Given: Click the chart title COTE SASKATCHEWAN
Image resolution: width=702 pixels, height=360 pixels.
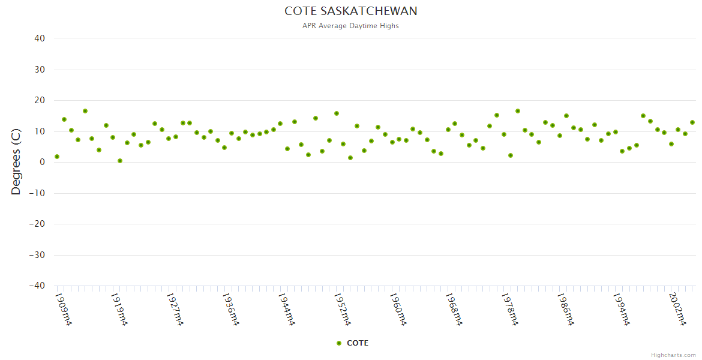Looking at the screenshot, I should (x=351, y=11).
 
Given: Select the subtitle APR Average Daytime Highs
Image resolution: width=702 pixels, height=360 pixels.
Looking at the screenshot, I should (x=351, y=26).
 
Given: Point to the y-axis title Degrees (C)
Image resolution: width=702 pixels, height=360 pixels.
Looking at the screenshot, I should (x=16, y=162).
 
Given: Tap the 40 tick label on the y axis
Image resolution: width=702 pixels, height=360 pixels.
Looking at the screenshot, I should (x=40, y=38).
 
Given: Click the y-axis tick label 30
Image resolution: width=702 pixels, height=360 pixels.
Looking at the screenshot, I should (x=40, y=70).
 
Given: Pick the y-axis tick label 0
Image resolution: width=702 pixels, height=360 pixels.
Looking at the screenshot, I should (x=43, y=162).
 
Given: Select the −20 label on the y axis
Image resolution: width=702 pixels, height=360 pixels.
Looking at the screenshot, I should (x=37, y=224).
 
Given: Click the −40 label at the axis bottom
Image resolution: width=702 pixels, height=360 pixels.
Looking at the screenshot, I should (x=37, y=286).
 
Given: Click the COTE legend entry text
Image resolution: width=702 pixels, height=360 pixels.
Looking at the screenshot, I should (x=358, y=343).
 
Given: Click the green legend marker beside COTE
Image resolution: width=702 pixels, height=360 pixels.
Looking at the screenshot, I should (x=339, y=343).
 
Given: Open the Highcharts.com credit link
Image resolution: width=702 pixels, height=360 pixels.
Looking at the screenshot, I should (x=673, y=355).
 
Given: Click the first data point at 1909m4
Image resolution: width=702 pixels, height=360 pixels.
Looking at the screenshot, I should (x=57, y=157).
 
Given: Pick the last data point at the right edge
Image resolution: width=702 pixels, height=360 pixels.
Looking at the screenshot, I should (x=692, y=122).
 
